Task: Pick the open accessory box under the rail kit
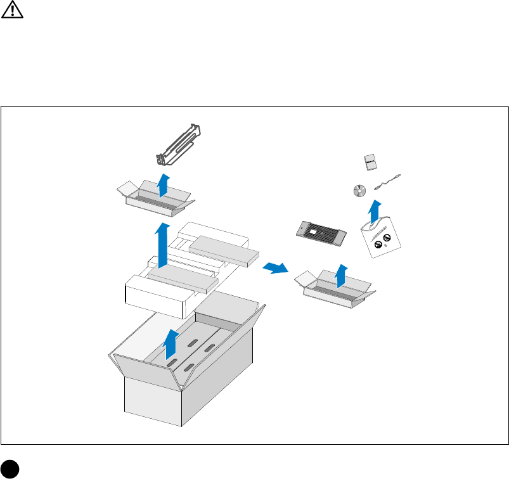[x=156, y=196]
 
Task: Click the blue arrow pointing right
[x=276, y=268]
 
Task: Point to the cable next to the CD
[x=389, y=182]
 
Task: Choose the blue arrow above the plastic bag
[x=375, y=210]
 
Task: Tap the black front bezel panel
[x=321, y=231]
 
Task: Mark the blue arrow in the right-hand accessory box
[x=340, y=276]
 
